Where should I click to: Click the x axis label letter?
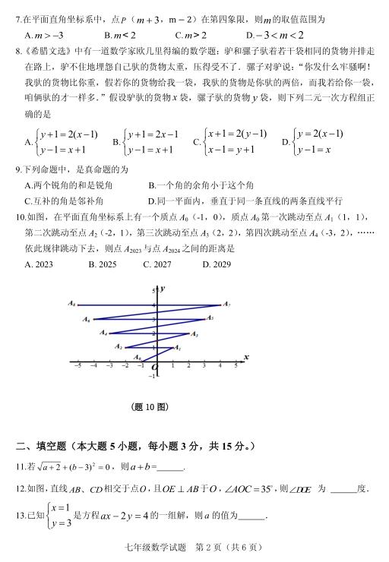(x=246, y=356)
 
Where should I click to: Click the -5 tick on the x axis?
(x=77, y=365)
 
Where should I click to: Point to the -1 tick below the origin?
(x=151, y=375)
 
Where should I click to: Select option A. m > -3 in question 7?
(x=43, y=35)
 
